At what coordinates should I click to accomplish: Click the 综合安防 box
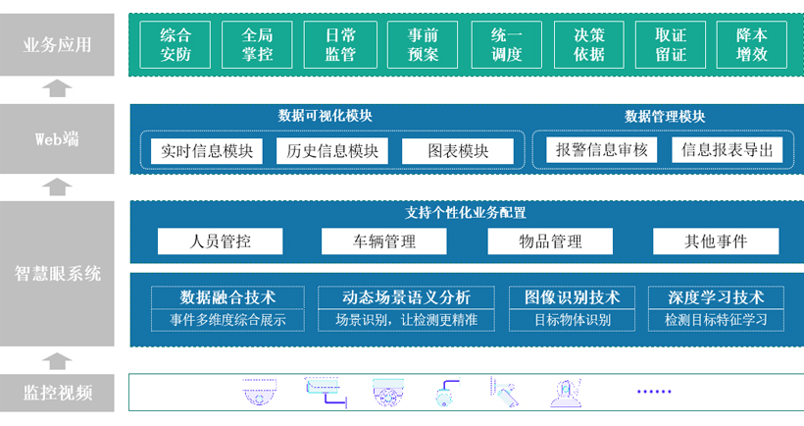point(176,44)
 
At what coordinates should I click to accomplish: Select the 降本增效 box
point(752,44)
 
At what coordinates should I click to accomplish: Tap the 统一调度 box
point(507,44)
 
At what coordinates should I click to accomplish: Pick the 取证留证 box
point(671,44)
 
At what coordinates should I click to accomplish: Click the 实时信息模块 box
point(207,151)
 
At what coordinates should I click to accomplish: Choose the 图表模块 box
point(458,151)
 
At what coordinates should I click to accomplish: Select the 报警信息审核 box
point(601,150)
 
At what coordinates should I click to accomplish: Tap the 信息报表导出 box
point(728,150)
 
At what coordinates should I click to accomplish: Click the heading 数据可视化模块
point(326,116)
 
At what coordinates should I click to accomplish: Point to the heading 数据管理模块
point(665,117)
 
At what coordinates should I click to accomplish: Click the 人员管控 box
point(220,241)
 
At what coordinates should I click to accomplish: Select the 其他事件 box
point(716,241)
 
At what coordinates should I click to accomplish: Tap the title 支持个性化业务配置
point(466,213)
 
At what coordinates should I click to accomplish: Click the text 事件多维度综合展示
point(227,320)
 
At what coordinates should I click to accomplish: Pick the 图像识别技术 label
point(572,297)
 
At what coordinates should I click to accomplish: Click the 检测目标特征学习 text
point(716,320)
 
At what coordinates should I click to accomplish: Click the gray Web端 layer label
point(57,138)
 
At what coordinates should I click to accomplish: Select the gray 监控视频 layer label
point(57,393)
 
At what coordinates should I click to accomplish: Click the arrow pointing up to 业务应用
point(57,88)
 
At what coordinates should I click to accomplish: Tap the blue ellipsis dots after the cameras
point(654,392)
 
